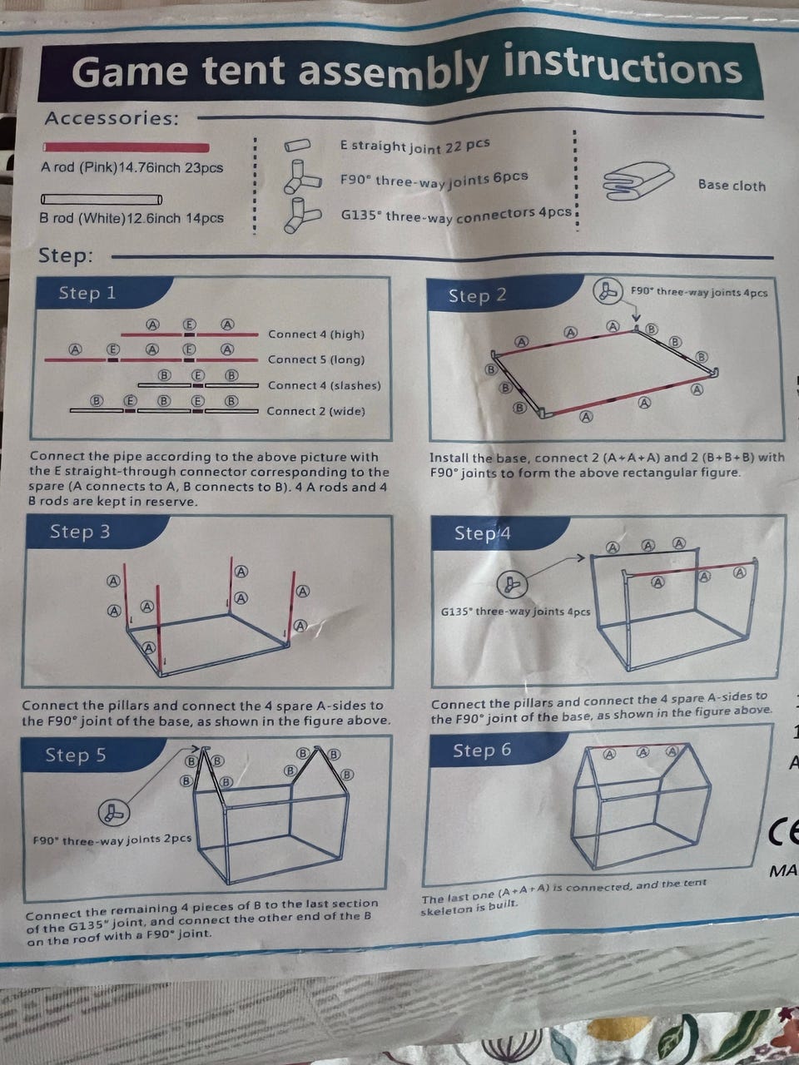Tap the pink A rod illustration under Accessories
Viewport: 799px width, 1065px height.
[127, 147]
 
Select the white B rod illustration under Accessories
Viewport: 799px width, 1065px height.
[102, 200]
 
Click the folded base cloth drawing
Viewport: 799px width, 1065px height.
[638, 181]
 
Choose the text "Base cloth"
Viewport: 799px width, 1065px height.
[732, 186]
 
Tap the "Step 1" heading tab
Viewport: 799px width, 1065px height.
[87, 293]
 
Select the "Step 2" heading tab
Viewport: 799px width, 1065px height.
[478, 295]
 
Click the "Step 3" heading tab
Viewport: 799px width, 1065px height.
[80, 532]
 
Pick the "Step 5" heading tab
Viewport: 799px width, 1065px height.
[76, 755]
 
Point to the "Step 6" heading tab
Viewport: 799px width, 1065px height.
[482, 750]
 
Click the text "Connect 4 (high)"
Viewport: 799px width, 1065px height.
[316, 334]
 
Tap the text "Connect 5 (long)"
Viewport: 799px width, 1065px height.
[316, 359]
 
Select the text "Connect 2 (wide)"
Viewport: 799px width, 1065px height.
[315, 411]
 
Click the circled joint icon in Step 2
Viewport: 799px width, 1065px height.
[608, 291]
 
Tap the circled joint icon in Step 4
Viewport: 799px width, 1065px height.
[512, 584]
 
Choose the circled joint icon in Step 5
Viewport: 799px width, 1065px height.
[114, 813]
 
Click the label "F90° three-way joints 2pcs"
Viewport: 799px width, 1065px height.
[112, 840]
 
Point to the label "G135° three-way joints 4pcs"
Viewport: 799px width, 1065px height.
[516, 612]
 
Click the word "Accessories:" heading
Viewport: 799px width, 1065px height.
[112, 118]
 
